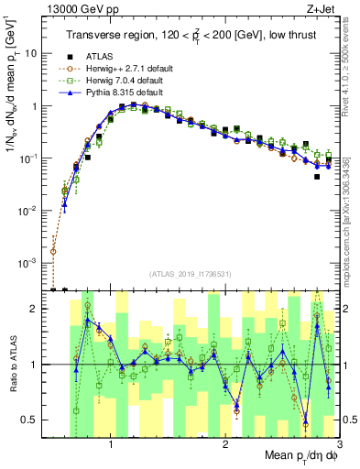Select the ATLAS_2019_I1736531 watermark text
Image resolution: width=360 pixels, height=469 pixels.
point(191,274)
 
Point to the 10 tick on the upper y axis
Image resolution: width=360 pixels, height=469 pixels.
point(31,53)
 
